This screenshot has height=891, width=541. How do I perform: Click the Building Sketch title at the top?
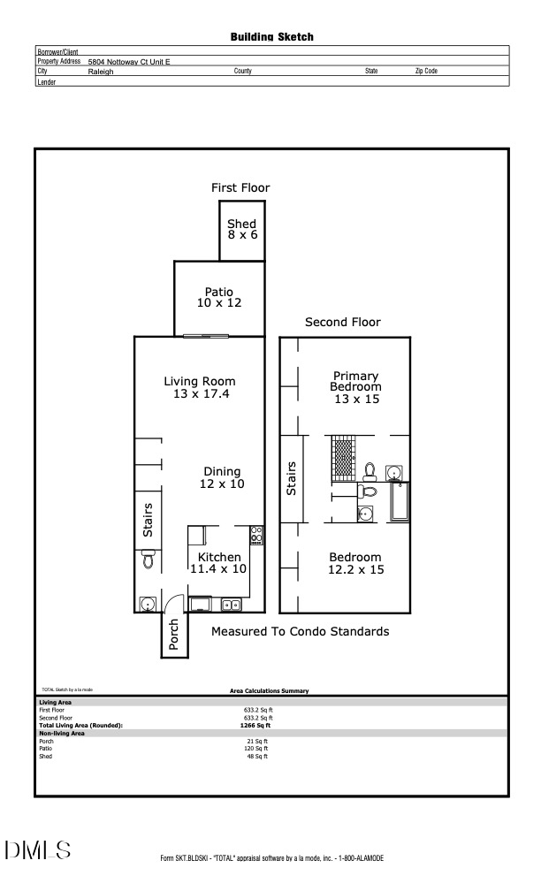coord(271,37)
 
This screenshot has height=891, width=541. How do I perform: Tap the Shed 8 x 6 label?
coord(241,230)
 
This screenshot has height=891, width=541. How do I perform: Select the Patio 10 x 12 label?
coord(218,297)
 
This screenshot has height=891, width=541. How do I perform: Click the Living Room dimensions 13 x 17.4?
coord(201,394)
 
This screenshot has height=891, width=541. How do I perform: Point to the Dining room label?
coord(222,472)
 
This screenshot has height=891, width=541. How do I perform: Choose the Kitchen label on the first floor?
coord(219,557)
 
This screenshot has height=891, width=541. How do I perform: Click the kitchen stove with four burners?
coord(256,535)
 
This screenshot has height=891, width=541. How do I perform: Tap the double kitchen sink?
coord(232,605)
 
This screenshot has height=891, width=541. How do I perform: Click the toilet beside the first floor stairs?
coord(149,560)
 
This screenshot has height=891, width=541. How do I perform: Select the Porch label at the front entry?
coord(174,636)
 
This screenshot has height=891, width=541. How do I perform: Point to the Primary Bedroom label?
coord(355,381)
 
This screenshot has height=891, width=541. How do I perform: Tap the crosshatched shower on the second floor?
coord(342,457)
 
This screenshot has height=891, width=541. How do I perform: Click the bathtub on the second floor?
coord(399,500)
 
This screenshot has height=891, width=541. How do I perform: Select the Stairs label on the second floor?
coord(292,478)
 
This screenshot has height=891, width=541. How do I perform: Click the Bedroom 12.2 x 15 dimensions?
coord(355,570)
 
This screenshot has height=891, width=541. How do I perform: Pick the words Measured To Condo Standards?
coord(300,632)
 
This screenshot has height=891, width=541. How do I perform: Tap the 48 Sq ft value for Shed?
coord(255,757)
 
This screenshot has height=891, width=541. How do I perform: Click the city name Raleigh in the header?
coord(101,72)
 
